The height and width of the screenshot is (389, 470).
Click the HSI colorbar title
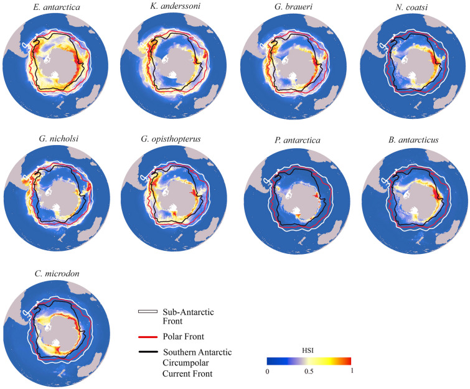point(309,351)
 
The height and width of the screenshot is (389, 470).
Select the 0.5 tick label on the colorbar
point(309,372)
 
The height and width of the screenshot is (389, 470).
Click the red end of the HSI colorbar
point(348,361)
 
